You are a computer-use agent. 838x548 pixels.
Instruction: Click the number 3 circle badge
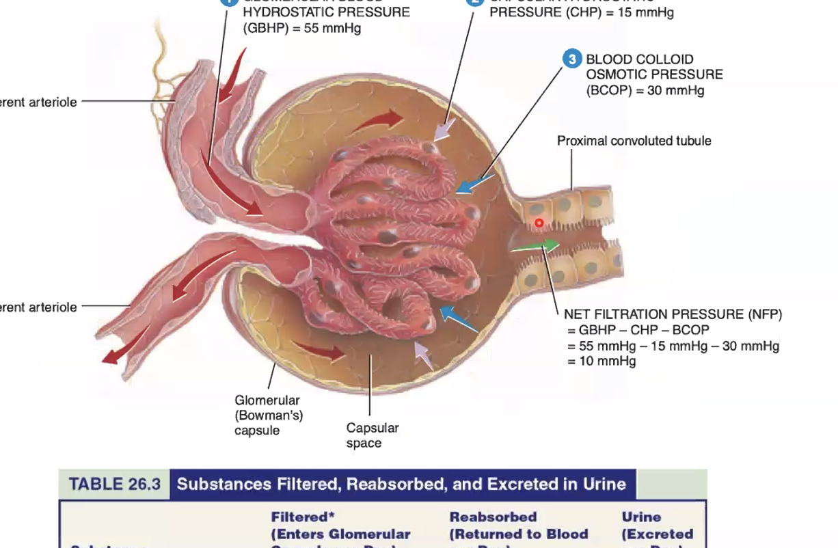572,59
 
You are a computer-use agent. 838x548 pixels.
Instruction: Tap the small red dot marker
539,223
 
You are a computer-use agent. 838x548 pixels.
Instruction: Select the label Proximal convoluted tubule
634,141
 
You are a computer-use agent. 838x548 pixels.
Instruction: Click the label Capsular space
372,435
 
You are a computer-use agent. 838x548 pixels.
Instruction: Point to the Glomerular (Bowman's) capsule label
268,415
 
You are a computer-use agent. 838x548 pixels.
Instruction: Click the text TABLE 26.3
115,484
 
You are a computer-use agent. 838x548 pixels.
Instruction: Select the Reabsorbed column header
493,517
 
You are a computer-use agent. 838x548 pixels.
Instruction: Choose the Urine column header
641,517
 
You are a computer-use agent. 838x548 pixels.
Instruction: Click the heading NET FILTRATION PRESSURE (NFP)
673,314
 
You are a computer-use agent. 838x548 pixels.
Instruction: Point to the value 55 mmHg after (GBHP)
333,28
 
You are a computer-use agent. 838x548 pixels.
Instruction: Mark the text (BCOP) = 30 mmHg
645,90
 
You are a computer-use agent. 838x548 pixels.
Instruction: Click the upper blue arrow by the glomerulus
474,183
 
